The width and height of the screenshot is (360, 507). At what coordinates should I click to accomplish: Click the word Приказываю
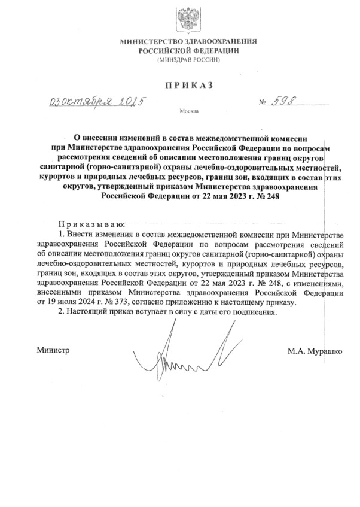tap(86, 223)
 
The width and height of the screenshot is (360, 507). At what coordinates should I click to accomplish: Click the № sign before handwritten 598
tap(262, 103)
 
